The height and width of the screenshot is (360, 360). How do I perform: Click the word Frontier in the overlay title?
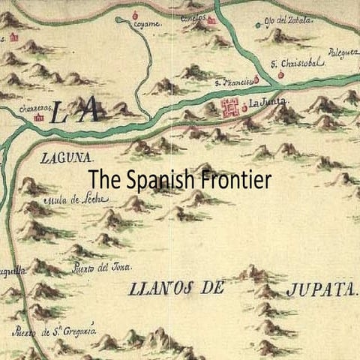coord(236,181)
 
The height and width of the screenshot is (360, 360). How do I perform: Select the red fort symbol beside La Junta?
coord(229,105)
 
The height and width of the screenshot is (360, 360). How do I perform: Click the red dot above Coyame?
coord(135,15)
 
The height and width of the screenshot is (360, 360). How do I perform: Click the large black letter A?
coord(92,112)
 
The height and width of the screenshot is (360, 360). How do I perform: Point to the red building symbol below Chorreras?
coord(40,118)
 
